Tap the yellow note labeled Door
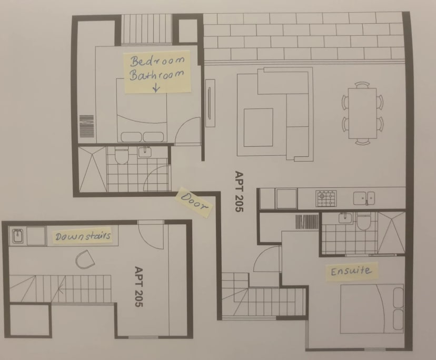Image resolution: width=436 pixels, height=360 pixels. tap(194, 203)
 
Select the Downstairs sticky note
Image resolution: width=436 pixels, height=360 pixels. tap(83, 236)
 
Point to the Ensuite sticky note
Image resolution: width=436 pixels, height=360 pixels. tap(351, 272)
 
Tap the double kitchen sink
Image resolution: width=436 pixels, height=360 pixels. tap(364, 198)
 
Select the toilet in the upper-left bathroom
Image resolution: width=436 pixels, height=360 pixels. tap(121, 155)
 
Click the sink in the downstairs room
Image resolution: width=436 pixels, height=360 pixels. tap(17, 236)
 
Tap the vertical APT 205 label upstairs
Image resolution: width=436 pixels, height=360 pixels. tap(239, 192)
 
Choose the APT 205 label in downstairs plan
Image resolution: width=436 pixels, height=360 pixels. tap(139, 287)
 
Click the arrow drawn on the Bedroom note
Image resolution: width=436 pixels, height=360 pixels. tap(155, 87)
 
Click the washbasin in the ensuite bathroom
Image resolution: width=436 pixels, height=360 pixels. tap(344, 217)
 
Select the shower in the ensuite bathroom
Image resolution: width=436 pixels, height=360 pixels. tap(391, 232)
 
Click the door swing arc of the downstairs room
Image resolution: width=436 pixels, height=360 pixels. tap(152, 235)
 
